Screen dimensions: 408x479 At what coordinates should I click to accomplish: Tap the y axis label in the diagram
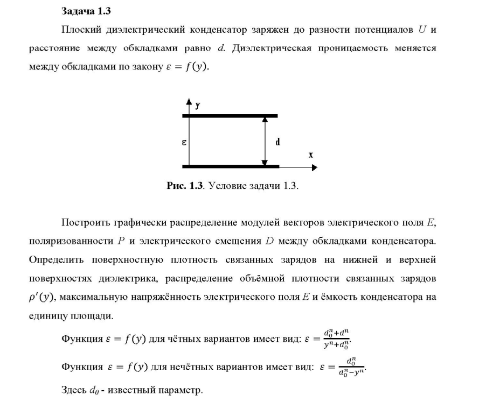[198, 105]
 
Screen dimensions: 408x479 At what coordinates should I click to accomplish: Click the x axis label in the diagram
[311, 154]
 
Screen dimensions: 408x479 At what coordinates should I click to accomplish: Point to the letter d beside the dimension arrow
[277, 142]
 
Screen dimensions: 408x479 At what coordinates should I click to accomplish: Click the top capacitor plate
[230, 116]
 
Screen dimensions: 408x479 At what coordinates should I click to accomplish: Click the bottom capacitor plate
[230, 166]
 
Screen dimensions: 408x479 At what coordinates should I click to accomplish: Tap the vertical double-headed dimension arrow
[265, 141]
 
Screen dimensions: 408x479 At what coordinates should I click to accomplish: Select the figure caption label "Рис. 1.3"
[185, 186]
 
